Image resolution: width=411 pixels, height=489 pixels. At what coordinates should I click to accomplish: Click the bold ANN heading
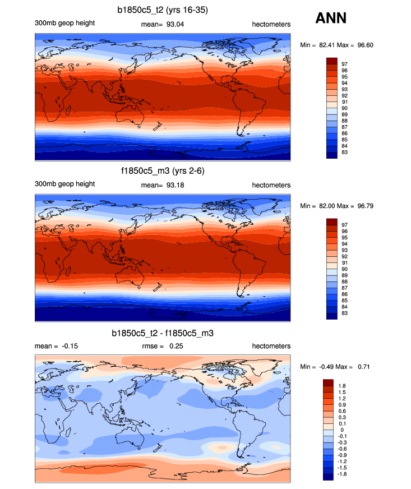pyautogui.click(x=331, y=19)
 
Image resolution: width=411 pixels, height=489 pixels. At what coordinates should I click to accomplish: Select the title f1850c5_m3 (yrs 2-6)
pyautogui.click(x=162, y=171)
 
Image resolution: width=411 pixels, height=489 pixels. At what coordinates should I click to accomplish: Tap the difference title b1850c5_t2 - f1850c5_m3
pyautogui.click(x=162, y=333)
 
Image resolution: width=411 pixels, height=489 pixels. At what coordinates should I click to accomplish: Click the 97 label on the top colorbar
pyautogui.click(x=345, y=64)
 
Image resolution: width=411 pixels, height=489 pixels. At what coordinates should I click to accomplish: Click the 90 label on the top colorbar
pyautogui.click(x=345, y=108)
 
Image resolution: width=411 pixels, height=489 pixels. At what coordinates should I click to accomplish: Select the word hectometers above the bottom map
pyautogui.click(x=271, y=346)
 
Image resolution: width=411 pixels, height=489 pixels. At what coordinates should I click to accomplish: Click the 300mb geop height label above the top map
pyautogui.click(x=64, y=23)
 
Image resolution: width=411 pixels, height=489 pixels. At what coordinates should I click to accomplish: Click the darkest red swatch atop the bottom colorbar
pyautogui.click(x=328, y=381)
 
